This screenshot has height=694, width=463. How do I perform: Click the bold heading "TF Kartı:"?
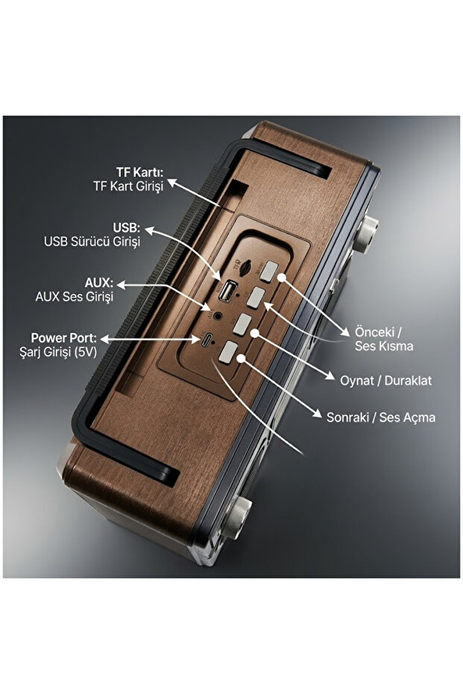pyautogui.click(x=139, y=171)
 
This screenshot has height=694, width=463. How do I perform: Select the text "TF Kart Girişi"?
pyautogui.click(x=128, y=186)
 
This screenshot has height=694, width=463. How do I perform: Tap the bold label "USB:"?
pyautogui.click(x=126, y=227)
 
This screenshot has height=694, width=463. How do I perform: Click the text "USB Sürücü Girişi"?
pyautogui.click(x=92, y=242)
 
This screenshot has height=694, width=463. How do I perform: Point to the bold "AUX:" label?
pyautogui.click(x=99, y=283)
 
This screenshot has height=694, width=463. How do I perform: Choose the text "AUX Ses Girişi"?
pyautogui.click(x=75, y=297)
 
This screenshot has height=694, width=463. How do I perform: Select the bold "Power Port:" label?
pyautogui.click(x=63, y=338)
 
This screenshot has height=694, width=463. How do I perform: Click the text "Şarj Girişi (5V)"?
pyautogui.click(x=58, y=353)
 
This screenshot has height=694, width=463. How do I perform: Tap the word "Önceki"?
pyautogui.click(x=374, y=332)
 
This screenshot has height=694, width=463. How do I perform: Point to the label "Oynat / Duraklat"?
pyautogui.click(x=385, y=381)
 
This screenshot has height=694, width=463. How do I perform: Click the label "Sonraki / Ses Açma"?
pyautogui.click(x=381, y=417)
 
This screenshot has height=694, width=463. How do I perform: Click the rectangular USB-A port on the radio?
pyautogui.click(x=228, y=291)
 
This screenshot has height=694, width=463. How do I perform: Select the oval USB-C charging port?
pyautogui.click(x=207, y=340)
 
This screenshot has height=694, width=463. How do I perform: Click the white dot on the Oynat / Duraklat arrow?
pyautogui.click(x=254, y=332)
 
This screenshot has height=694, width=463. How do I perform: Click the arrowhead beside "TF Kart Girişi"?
pyautogui.click(x=171, y=182)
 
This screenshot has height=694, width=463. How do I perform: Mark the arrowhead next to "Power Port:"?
pyautogui.click(x=105, y=339)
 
